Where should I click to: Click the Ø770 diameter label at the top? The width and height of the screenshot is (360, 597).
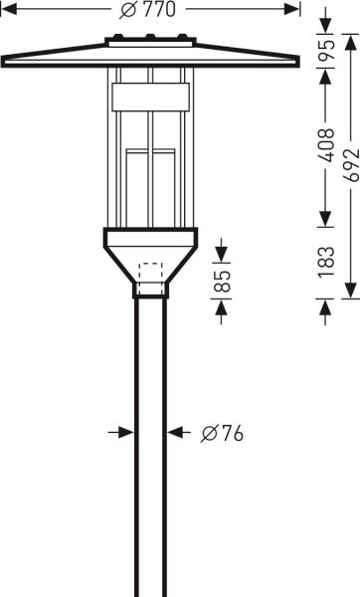pos(152,11)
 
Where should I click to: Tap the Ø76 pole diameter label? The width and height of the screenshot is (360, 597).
pos(222,434)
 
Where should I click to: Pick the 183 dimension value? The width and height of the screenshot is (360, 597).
pos(325,262)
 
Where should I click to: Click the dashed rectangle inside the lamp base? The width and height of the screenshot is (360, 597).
pos(152,280)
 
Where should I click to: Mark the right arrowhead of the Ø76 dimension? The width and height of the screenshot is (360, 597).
pos(175,433)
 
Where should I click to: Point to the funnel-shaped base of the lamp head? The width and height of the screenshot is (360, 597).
pos(151,257)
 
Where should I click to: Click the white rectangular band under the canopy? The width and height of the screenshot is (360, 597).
pos(150,97)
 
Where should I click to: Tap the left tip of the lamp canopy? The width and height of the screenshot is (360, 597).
pos(5,57)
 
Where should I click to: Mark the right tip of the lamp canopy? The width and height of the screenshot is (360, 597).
pos(297,57)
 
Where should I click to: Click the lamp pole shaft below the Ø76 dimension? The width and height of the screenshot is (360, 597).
pos(151,517)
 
